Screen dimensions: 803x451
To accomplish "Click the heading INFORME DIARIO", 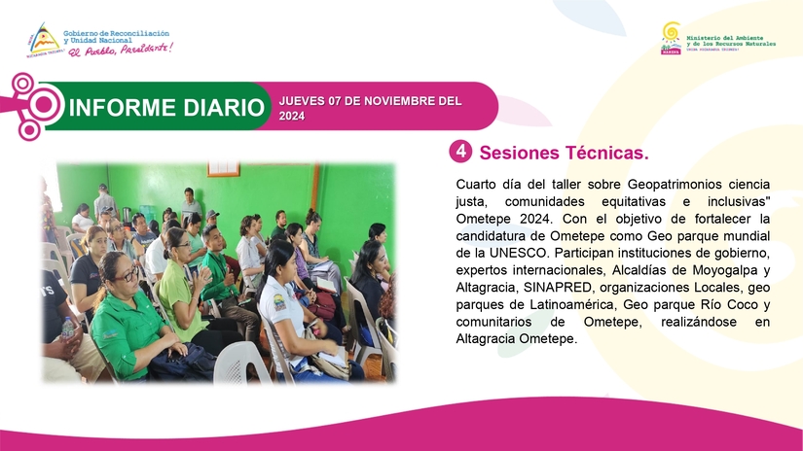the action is (x=166, y=107).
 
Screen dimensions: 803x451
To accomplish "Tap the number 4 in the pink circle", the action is (x=461, y=152).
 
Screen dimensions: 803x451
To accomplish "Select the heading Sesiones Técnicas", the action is (x=564, y=153).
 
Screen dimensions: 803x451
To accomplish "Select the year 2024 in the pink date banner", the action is (x=292, y=116).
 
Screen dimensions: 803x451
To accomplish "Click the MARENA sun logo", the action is (x=671, y=38).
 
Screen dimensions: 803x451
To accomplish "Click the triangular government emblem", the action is (x=44, y=39).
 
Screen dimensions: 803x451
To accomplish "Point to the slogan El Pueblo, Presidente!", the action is (x=121, y=50).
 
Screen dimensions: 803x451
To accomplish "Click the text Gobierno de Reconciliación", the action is (x=116, y=33).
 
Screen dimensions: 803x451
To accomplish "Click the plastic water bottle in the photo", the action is (x=67, y=329).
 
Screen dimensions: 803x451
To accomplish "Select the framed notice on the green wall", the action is (x=223, y=168).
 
